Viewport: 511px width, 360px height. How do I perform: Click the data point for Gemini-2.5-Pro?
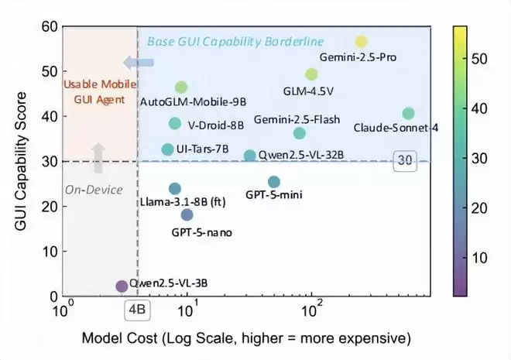tap(361, 42)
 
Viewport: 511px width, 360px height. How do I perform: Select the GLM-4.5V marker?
tap(311, 74)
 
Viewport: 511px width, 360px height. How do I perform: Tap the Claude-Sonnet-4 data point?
tap(408, 114)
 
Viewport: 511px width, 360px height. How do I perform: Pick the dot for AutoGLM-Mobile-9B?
tap(181, 87)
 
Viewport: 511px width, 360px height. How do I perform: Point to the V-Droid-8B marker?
tap(175, 124)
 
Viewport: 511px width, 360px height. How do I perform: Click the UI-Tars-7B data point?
tap(168, 149)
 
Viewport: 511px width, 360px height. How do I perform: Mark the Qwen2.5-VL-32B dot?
tap(249, 156)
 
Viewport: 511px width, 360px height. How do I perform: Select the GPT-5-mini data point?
tap(274, 182)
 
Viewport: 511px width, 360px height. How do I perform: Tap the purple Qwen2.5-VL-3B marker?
tap(122, 286)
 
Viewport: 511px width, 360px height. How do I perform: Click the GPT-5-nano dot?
tap(187, 214)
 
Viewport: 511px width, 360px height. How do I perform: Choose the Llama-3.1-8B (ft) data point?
tap(175, 189)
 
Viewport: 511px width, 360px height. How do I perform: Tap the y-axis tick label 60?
tap(48, 26)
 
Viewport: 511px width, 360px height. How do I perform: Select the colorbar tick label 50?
tap(484, 58)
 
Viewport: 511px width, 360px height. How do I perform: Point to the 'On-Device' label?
tap(85, 187)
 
